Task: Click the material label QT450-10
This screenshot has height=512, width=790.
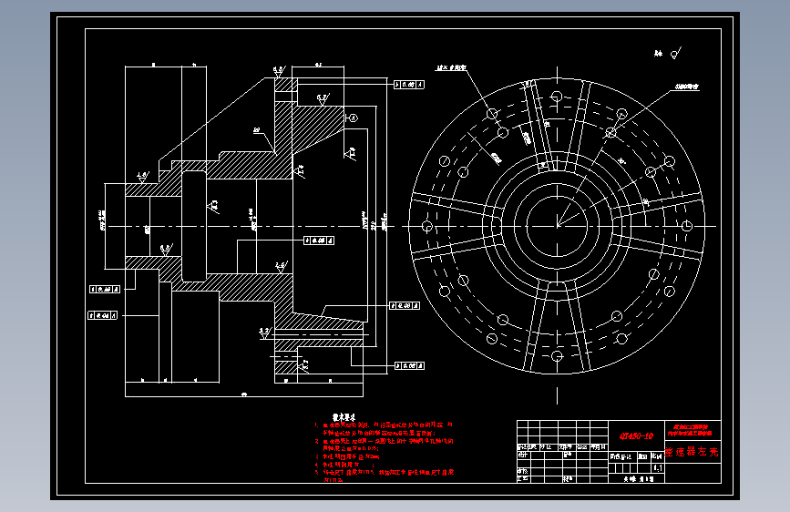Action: (x=631, y=435)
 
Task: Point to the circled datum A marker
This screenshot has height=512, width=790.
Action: (x=354, y=118)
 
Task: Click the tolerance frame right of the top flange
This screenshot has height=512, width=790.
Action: (x=410, y=84)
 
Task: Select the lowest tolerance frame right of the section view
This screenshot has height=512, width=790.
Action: (x=410, y=365)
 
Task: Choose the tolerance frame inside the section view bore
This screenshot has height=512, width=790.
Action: (x=317, y=240)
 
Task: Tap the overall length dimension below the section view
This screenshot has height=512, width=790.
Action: (x=244, y=394)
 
